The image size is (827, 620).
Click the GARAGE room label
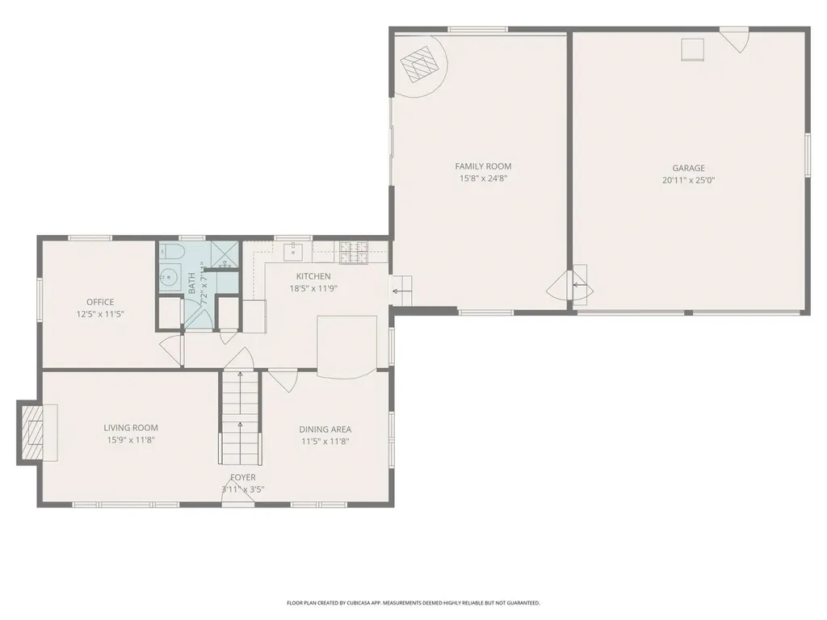click(x=688, y=168)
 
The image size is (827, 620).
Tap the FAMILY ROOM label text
click(x=483, y=166)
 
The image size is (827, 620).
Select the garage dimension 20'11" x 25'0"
click(x=688, y=181)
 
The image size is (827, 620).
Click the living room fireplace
click(x=33, y=433)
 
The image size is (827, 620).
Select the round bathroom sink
click(x=169, y=278)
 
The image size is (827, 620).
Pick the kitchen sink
click(x=295, y=252)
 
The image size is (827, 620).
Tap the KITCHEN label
click(x=313, y=276)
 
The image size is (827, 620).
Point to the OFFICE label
click(x=100, y=302)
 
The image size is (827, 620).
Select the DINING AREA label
click(x=325, y=429)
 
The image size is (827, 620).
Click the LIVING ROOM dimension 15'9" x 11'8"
click(x=130, y=441)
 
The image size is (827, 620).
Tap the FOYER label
click(x=242, y=478)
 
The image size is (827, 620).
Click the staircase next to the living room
click(x=241, y=417)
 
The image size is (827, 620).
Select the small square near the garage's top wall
click(x=692, y=50)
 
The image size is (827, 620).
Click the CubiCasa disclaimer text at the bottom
click(x=413, y=602)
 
